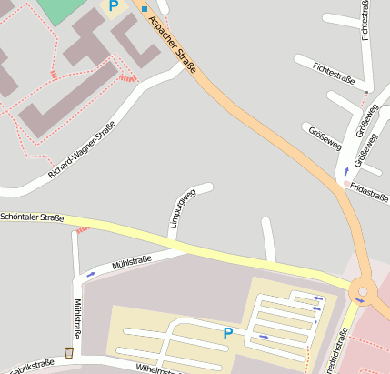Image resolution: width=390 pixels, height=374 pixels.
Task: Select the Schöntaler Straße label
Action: coord(32,218)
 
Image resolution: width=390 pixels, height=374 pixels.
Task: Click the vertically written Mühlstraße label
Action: coord(77,318)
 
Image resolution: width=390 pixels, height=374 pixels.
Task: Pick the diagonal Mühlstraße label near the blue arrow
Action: coord(131,263)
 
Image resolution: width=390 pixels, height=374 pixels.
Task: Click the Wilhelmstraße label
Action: coord(160,369)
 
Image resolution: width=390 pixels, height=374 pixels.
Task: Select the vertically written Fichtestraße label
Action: coord(365,20)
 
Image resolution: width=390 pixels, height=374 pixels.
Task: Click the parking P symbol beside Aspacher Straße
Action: coord(114,6)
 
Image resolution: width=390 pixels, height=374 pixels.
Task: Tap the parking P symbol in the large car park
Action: coord(227,334)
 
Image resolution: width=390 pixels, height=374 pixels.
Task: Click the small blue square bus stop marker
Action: coord(144,9)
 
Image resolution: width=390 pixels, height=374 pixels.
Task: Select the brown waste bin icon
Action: coord(69,352)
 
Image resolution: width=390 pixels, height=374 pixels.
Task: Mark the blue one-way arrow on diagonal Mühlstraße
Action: coord(91,272)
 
